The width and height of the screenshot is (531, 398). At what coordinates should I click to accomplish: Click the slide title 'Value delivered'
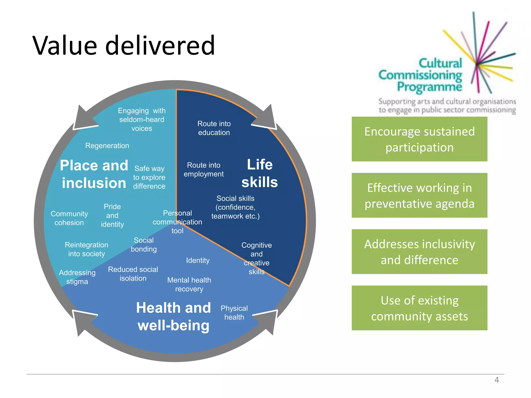click(123, 46)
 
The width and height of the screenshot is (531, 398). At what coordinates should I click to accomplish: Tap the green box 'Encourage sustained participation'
click(419, 139)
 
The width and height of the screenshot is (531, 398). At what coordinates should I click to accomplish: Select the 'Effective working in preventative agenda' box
click(419, 195)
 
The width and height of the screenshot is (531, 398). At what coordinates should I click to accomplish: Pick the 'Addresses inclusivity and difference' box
click(419, 252)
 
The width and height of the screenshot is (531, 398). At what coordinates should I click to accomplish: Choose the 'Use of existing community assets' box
click(419, 308)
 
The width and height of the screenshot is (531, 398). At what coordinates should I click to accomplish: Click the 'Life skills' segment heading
click(260, 173)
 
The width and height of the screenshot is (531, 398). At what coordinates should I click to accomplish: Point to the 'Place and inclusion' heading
click(94, 174)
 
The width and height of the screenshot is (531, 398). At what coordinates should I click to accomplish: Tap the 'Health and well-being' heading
click(173, 316)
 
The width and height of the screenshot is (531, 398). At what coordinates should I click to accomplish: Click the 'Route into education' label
click(214, 128)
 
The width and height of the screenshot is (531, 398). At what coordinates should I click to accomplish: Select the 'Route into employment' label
click(204, 169)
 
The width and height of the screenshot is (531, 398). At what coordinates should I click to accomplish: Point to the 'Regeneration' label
click(107, 146)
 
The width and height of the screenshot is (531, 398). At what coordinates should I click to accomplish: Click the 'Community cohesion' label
click(69, 218)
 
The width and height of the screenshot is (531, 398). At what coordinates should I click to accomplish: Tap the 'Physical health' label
click(234, 312)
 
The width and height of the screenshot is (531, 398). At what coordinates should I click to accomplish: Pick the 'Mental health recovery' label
click(189, 284)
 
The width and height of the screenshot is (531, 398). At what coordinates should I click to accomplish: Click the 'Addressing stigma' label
click(77, 277)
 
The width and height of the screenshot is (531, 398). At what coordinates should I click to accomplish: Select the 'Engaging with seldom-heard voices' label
click(142, 119)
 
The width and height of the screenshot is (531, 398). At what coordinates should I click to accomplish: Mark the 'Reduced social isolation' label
click(133, 274)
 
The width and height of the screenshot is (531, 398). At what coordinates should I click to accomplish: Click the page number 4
click(497, 380)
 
